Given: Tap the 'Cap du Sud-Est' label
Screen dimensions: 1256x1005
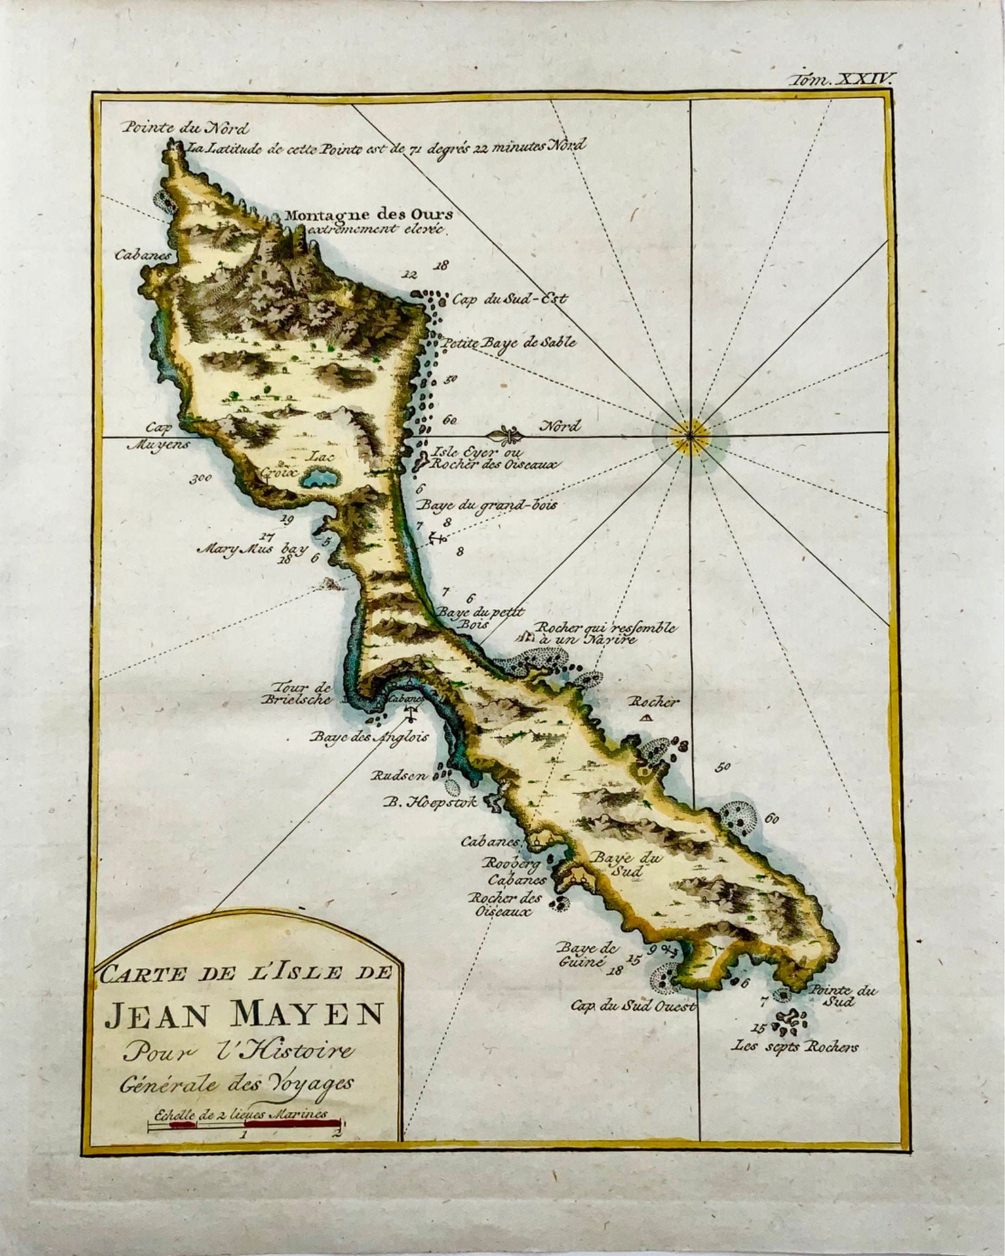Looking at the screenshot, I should tap(510, 299).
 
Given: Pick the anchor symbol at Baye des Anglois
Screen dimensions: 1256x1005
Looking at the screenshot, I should tap(413, 714).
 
